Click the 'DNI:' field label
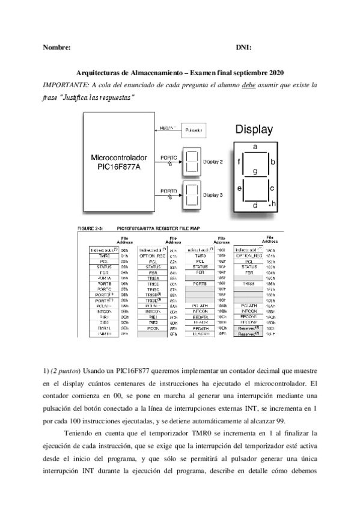pos(244,47)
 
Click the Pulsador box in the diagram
pos(194,129)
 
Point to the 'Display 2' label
pos(213,162)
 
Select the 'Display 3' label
pos(213,195)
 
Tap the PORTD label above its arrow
pos(168,191)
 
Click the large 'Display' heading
pos(254,129)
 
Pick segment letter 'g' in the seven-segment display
pos(255,171)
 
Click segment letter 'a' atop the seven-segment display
pos(255,147)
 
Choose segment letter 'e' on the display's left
pos(240,189)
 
